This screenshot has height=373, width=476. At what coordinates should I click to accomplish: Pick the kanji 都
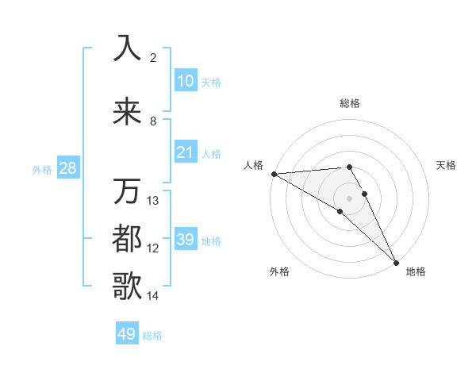(x=127, y=238)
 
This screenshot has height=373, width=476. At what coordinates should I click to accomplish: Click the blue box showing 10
(x=185, y=81)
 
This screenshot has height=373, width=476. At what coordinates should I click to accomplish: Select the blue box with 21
(x=185, y=152)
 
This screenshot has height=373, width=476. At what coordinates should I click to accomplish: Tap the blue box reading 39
(x=185, y=240)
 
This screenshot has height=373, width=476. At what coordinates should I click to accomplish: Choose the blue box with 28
(x=67, y=168)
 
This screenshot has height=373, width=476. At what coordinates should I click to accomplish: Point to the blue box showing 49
(x=127, y=334)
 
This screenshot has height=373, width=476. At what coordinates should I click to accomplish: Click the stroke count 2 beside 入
(x=153, y=58)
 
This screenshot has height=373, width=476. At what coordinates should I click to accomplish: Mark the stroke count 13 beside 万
(x=153, y=200)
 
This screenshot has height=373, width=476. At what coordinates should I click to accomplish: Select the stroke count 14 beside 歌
(x=153, y=296)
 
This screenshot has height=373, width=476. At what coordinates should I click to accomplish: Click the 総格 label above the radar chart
(x=350, y=103)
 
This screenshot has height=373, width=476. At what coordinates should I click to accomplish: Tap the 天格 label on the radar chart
(x=447, y=165)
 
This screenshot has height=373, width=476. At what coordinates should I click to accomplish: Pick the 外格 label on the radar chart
(x=279, y=271)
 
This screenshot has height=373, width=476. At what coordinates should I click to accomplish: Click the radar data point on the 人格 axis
(x=274, y=174)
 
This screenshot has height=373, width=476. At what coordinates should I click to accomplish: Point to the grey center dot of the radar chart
(x=350, y=198)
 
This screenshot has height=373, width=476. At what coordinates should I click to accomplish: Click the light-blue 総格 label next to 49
(x=152, y=336)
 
